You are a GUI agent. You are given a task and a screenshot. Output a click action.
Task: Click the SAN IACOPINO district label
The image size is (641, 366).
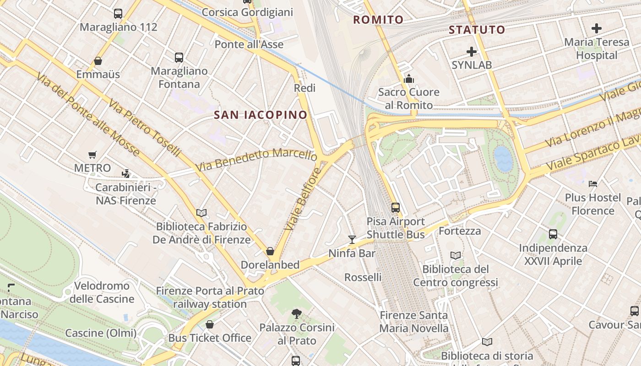261,115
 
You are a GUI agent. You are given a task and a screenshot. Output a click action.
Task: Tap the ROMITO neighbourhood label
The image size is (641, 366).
378,20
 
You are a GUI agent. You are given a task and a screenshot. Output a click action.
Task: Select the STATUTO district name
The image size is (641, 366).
477,30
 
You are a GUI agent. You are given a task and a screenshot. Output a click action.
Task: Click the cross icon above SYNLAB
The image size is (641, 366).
471,52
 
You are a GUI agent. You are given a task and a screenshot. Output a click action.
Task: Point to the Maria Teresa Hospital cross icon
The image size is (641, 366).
596,28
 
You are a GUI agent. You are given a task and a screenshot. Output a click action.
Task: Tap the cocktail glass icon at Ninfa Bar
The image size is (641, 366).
352,239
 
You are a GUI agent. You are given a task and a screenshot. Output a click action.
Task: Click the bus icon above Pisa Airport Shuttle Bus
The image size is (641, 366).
396,208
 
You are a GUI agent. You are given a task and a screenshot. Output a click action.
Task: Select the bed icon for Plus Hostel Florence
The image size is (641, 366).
593,184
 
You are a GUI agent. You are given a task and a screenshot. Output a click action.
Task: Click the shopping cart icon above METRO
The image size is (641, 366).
92,155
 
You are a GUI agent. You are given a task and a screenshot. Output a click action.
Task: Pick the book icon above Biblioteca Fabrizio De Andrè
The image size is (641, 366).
201,213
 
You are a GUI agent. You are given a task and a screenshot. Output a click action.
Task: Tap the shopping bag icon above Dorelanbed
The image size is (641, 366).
270,251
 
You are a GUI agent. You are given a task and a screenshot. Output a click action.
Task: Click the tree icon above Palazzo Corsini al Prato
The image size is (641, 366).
297,314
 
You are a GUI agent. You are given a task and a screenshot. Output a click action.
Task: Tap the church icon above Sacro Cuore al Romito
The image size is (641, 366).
409,79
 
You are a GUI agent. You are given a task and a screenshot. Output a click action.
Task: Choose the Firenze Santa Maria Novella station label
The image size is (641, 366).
414,322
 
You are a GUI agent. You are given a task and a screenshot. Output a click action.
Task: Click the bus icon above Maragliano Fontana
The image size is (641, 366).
179,58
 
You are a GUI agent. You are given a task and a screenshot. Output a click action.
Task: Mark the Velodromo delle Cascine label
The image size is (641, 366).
102,292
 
